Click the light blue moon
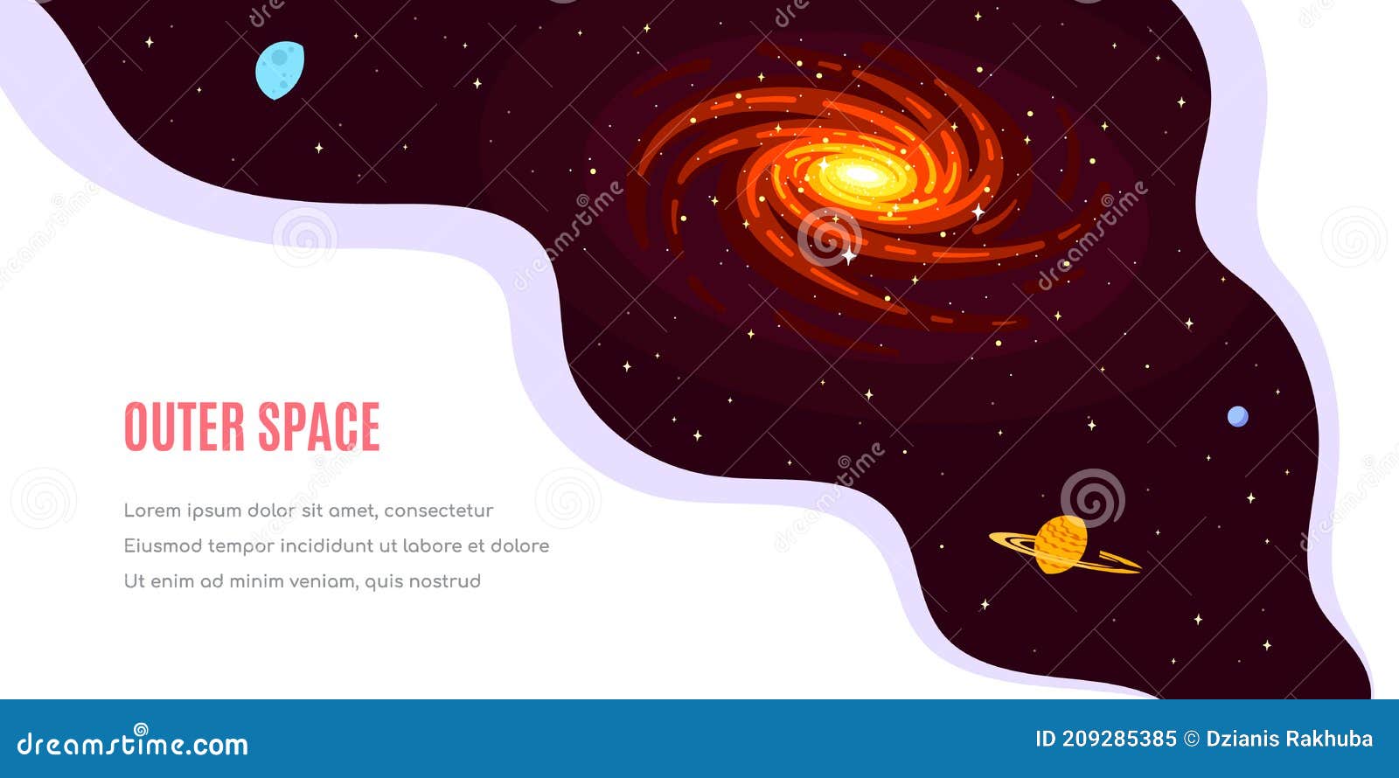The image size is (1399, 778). pos(279,69)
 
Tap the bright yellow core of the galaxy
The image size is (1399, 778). pos(862,175)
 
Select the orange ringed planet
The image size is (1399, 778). pos(1061,545)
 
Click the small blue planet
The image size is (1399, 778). pos(1237,416)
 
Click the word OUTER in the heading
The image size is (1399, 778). pos(184,427)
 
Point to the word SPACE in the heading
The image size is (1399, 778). pos(318,427)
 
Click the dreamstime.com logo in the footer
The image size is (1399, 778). pos(133,744)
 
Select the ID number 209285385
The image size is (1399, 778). pos(1119,740)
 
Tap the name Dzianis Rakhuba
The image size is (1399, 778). pos(1289,740)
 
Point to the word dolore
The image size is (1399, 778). pos(520,545)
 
